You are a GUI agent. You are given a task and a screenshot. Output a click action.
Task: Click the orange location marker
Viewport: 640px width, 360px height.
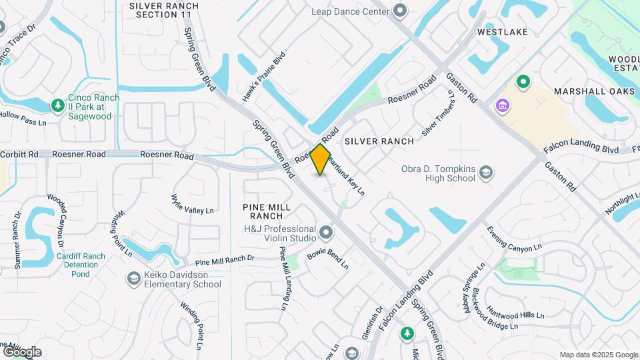tap(321, 159)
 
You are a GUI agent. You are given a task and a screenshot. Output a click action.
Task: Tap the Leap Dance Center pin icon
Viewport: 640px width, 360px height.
tap(400, 11)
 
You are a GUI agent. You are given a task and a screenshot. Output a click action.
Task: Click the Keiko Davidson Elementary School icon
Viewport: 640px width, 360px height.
tap(133, 278)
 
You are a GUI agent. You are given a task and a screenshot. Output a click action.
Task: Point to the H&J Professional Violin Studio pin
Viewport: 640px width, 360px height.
tap(326, 233)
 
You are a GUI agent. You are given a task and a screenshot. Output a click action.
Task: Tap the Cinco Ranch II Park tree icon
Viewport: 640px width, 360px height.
tap(58, 105)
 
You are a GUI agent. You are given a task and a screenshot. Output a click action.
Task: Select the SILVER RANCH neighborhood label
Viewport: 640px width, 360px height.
tap(379, 141)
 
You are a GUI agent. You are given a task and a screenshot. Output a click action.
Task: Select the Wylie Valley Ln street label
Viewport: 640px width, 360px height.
tap(192, 205)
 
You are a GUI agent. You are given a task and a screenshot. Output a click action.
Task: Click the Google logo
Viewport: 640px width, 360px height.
tap(22, 351)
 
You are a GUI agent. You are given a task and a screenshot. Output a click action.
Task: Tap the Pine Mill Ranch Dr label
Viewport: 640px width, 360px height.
tap(224, 260)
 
